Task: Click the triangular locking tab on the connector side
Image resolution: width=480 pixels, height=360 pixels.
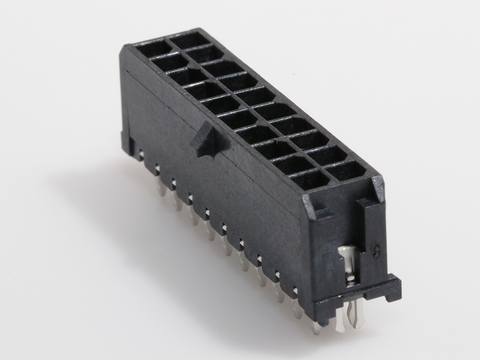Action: pos(206,139)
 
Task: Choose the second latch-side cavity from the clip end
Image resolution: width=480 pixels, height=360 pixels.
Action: pos(289,164)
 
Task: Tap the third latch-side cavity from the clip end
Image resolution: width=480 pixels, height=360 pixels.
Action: pos(272,149)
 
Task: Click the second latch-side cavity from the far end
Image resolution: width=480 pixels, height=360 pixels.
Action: pos(167,59)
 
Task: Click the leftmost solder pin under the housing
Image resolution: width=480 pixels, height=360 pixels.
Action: pos(142,159)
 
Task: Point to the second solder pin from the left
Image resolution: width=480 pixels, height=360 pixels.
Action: pos(158,170)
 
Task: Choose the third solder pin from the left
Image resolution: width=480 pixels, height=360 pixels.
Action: pos(174,182)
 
